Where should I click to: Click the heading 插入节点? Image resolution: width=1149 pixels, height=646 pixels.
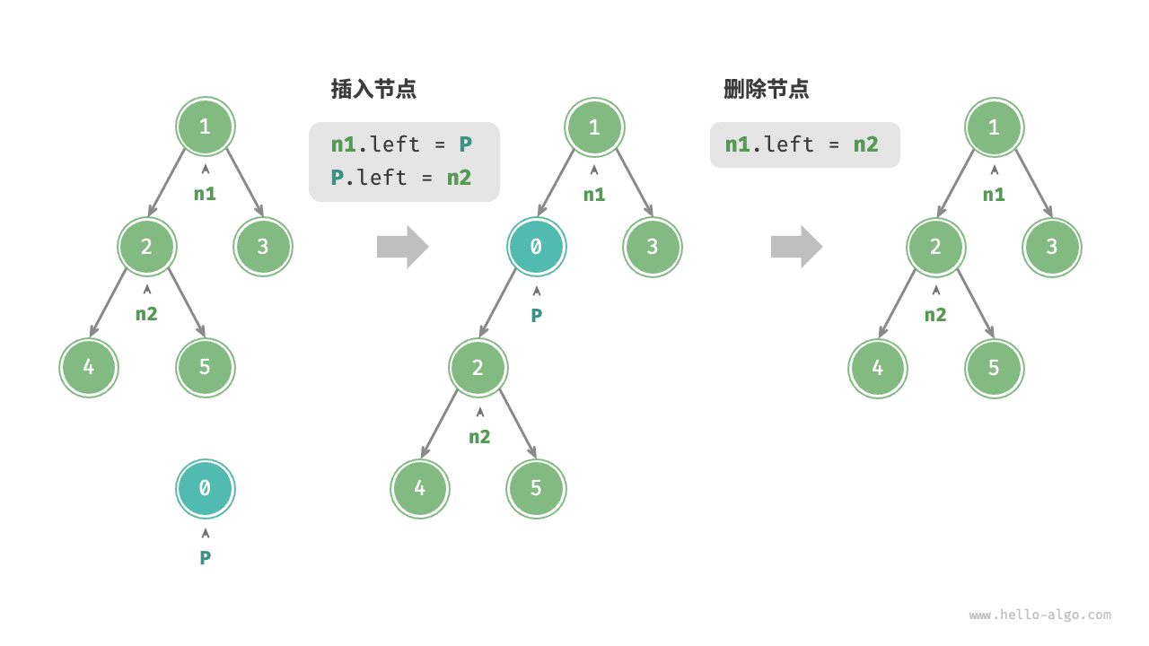(373, 89)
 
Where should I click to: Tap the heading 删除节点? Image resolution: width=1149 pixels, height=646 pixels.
(766, 89)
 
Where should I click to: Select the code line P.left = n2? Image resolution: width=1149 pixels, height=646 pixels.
(401, 178)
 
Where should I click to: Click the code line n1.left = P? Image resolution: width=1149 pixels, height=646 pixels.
(401, 144)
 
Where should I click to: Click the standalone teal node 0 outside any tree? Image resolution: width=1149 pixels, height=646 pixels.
(205, 488)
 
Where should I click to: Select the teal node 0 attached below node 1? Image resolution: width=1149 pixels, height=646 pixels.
(536, 246)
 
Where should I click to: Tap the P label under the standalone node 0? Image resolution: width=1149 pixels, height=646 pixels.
(205, 557)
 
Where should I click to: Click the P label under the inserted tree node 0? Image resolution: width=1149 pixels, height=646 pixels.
(536, 315)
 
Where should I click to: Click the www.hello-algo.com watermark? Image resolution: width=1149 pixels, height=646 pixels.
(1039, 615)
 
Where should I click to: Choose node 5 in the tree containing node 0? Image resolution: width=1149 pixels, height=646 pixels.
(536, 488)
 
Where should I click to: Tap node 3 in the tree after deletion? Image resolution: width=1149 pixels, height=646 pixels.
(1051, 246)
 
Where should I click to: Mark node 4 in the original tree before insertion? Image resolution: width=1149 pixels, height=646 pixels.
(88, 367)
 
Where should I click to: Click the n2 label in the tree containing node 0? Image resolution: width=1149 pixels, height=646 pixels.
(479, 436)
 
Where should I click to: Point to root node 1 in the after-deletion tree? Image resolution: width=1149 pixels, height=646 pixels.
(993, 127)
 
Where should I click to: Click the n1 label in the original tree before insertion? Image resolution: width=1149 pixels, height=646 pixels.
(205, 193)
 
